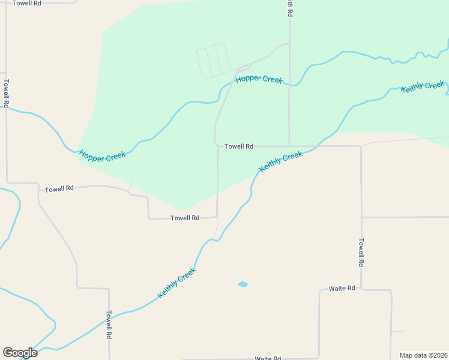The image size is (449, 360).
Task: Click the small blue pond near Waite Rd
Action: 243,284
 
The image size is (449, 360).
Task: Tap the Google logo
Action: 20,353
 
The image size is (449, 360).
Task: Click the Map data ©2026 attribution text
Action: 423,355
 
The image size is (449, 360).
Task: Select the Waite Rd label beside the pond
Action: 342,289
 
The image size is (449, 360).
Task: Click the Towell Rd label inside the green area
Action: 239,146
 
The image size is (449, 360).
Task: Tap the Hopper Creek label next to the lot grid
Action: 259,80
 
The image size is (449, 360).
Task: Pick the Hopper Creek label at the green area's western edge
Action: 102,157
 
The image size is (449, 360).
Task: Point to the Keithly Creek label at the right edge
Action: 423,87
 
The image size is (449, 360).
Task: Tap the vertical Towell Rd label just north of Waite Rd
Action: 361,253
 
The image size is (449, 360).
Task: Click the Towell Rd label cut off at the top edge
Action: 27,3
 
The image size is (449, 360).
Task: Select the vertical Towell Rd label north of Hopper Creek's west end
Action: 7,94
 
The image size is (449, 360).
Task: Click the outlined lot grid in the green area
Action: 213,61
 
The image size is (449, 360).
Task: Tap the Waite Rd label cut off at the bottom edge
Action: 268,358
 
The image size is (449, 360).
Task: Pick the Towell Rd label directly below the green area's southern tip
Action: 185,218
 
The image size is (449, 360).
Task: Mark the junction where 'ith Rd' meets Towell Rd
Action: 289,146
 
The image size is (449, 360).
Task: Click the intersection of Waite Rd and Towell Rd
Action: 361,290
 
